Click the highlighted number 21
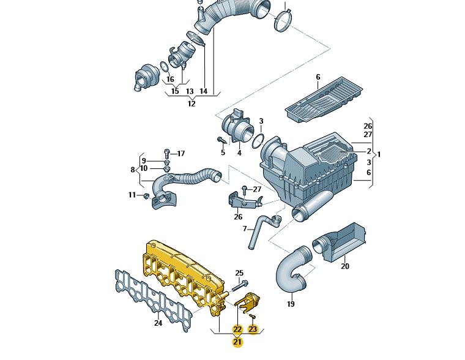(237, 342)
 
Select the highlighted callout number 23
(253, 329)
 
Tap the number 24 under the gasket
(158, 323)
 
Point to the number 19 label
(291, 304)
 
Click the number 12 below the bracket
(192, 104)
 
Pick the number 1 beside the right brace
(379, 154)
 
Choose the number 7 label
(245, 229)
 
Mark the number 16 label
(170, 79)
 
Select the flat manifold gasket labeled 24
(154, 300)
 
